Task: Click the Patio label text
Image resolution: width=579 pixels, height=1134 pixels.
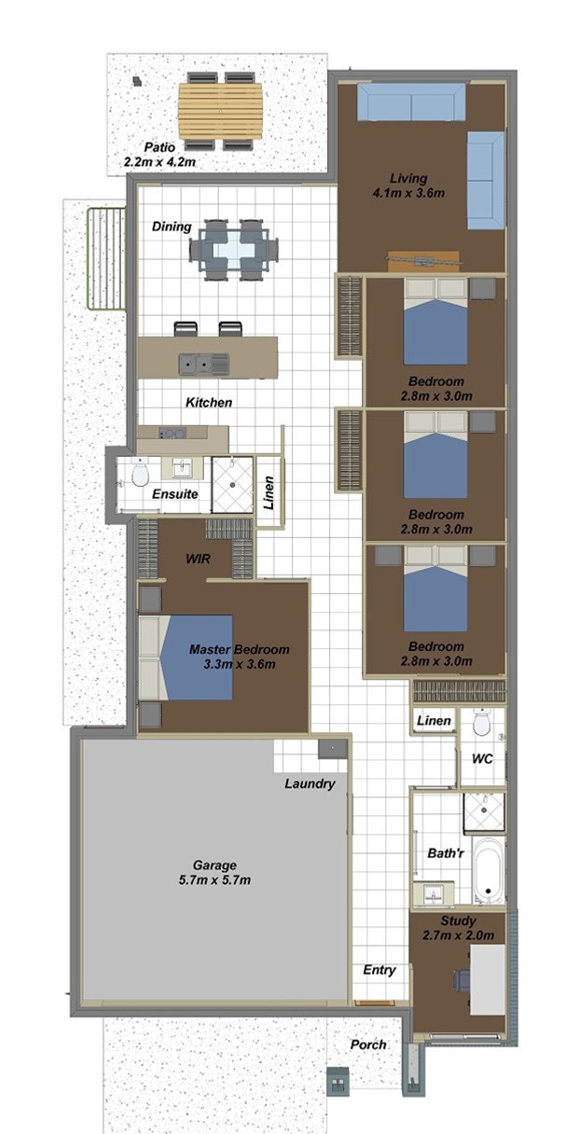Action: coord(159,147)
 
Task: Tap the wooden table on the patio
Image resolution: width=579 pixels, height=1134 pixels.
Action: coord(220,111)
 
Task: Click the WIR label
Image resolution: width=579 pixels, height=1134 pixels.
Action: coord(198,559)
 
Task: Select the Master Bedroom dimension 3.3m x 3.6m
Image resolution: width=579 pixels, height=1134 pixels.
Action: coord(240,664)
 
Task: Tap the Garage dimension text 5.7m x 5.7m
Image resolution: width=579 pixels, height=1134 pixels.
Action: coord(214,879)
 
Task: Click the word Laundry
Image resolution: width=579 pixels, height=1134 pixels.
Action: coord(310,783)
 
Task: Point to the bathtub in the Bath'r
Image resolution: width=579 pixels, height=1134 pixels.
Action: coord(489,870)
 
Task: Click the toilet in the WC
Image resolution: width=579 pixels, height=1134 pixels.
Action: coord(481,722)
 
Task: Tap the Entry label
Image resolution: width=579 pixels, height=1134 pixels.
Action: coord(379,970)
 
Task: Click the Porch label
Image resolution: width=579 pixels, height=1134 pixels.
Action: coord(368,1044)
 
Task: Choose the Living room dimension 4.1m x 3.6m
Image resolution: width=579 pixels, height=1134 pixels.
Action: coord(408,193)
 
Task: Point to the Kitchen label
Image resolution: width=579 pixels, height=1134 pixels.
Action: coord(209,403)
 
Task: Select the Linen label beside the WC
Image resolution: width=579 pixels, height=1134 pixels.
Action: coord(434,720)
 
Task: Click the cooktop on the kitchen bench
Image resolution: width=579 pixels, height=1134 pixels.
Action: coord(172,433)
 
